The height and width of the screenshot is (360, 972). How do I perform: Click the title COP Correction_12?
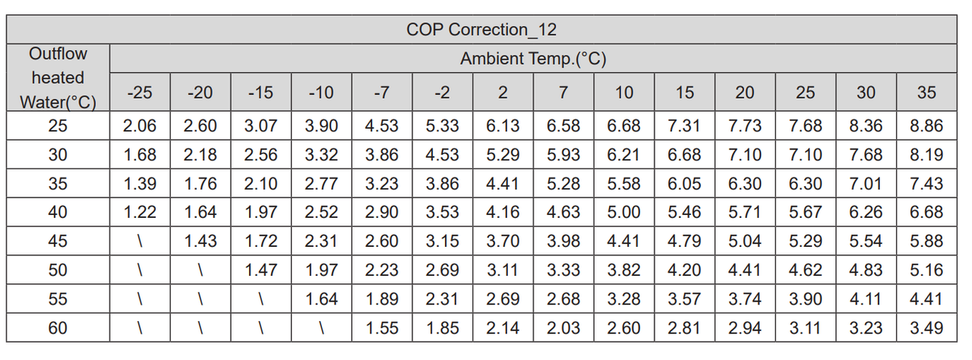click(482, 30)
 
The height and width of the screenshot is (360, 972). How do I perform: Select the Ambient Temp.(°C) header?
click(532, 58)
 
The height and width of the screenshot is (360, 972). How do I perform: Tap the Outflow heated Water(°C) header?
click(58, 77)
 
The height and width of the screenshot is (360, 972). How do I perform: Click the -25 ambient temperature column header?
click(140, 93)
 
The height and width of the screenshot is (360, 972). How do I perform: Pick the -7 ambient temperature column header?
click(381, 93)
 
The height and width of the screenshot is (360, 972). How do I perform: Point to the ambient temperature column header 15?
click(684, 93)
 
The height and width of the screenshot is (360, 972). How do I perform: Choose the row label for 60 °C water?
click(58, 328)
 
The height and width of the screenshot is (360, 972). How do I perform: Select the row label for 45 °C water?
click(58, 242)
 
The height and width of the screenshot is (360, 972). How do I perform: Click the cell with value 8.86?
click(926, 126)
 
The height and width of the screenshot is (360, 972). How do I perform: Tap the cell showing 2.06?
click(140, 126)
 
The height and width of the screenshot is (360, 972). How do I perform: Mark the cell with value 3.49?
click(926, 328)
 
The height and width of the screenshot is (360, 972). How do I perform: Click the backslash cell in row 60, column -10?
click(321, 328)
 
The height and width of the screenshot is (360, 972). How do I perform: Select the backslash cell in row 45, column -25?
click(140, 242)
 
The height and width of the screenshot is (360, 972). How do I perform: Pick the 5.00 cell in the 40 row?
click(623, 213)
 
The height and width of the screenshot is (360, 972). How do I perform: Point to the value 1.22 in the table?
click(140, 213)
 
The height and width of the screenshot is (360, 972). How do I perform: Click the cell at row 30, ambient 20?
click(744, 155)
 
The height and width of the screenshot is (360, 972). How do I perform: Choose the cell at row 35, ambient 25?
click(805, 184)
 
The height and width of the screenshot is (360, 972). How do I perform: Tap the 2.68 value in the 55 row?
click(563, 299)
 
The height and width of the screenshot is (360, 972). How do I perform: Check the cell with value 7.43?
click(926, 184)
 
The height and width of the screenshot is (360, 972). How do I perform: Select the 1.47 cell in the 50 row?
click(260, 270)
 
